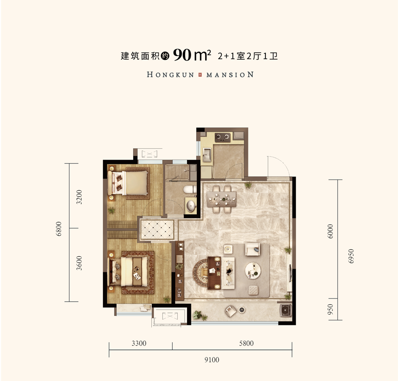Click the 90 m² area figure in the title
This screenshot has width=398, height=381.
click(x=192, y=55)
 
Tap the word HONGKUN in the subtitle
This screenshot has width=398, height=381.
click(x=171, y=75)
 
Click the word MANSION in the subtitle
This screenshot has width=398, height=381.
click(x=230, y=75)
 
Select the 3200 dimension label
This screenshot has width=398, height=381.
click(x=79, y=197)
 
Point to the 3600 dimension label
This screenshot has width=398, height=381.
click(x=79, y=263)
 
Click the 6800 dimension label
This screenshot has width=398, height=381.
click(x=59, y=229)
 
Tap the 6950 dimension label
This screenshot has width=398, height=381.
click(x=351, y=256)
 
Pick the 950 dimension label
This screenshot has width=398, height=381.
click(x=330, y=309)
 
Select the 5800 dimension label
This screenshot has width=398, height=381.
click(x=246, y=344)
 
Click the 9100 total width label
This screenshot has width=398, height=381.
click(x=212, y=360)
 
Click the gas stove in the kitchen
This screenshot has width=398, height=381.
click(x=223, y=137)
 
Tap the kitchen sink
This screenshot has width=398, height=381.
click(x=207, y=155)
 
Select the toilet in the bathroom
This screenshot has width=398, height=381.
click(x=190, y=189)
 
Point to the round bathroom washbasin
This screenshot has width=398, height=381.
click(x=191, y=206)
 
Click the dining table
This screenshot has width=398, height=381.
click(x=221, y=199)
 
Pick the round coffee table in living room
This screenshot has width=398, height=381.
click(x=253, y=270)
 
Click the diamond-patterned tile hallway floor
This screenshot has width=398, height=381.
click(x=157, y=229)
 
